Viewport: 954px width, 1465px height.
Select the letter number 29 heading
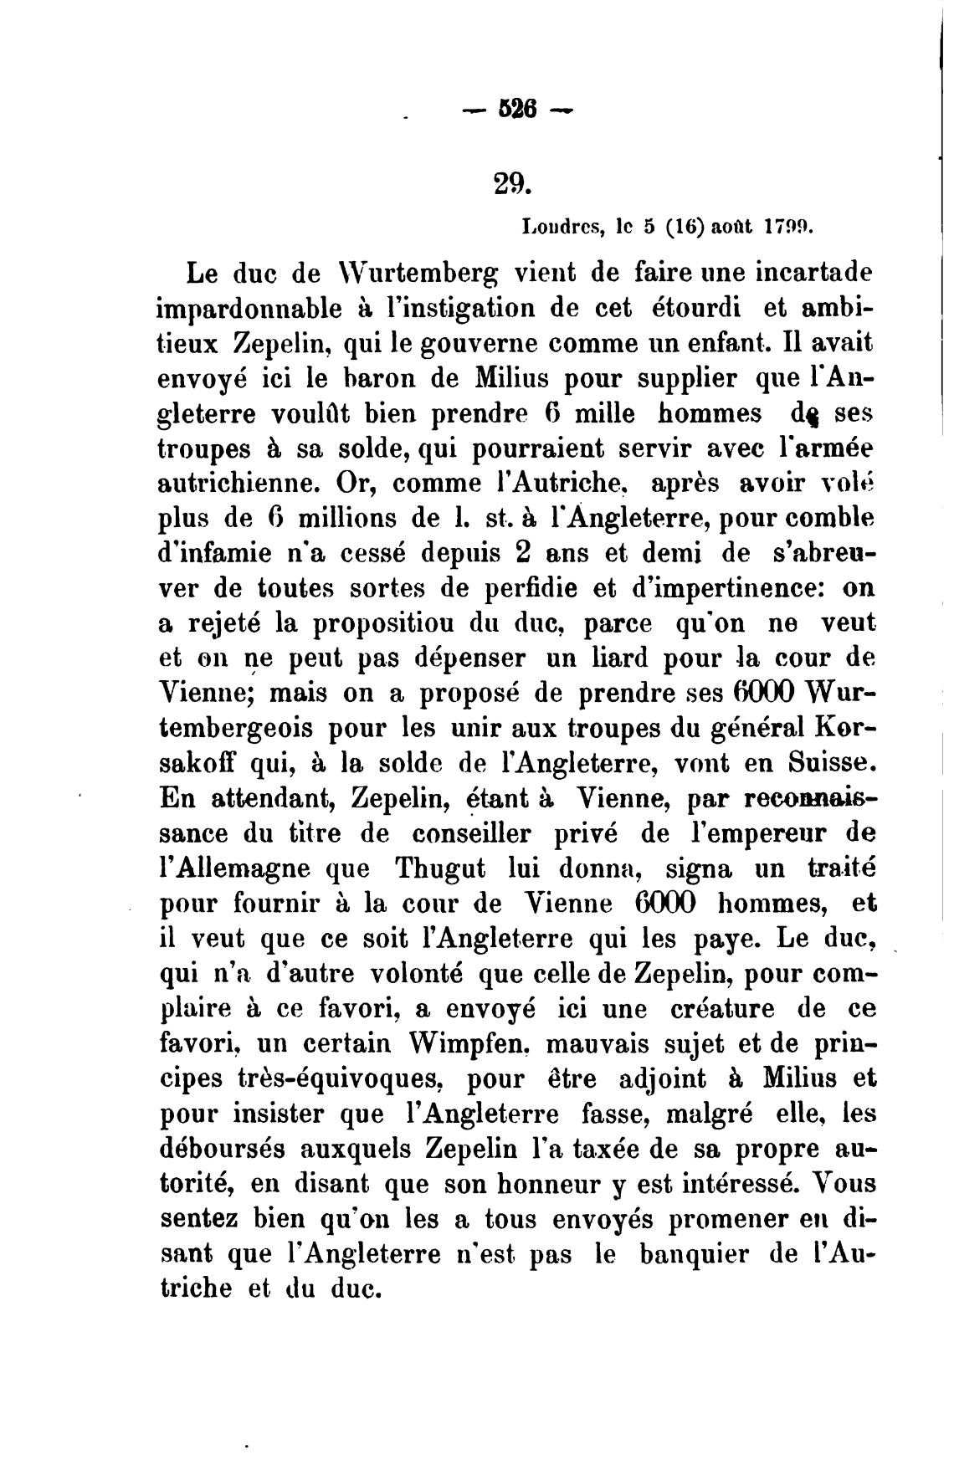coord(507,182)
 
